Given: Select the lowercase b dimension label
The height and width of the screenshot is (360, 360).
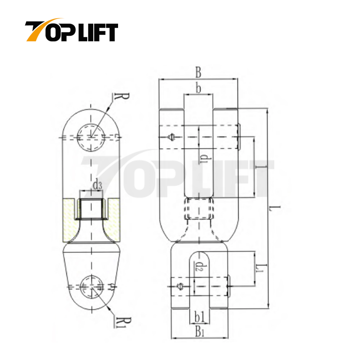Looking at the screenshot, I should point(198,87).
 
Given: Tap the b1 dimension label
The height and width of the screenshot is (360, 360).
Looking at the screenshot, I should point(199,317).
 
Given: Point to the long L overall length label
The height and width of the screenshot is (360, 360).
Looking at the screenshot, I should point(274,208).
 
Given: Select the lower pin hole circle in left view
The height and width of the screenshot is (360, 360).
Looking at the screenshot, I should point(93,287).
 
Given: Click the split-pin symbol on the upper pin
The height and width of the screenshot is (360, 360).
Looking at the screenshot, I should point(172,137).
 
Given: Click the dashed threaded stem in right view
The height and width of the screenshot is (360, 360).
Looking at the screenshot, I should point(199,209).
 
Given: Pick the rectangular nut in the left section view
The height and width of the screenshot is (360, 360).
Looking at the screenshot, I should point(91,209).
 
